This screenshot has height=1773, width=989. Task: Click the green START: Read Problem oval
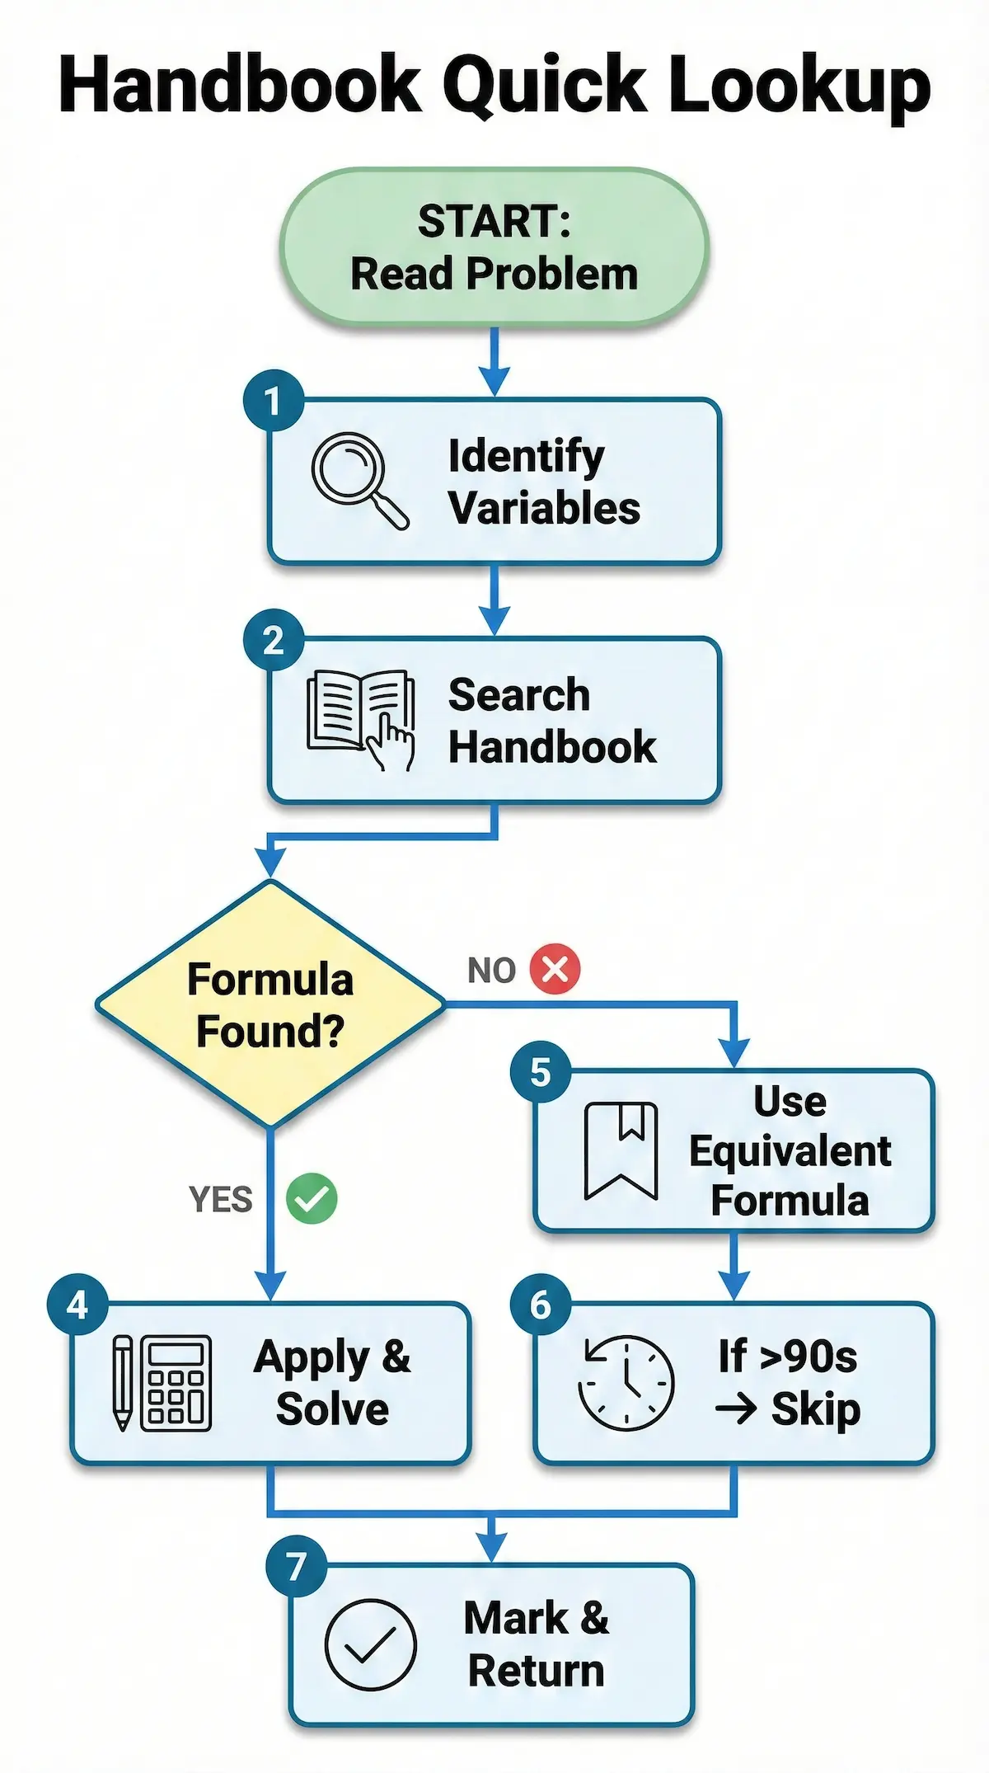(494, 247)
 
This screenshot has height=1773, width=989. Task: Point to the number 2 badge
(274, 640)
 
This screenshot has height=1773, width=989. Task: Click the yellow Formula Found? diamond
(270, 1004)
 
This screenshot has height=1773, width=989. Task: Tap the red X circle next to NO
(555, 969)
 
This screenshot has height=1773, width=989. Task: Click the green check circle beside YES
(312, 1198)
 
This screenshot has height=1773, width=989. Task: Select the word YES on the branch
(220, 1200)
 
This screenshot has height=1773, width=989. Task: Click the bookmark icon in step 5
(621, 1150)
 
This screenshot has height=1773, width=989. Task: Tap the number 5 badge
(540, 1072)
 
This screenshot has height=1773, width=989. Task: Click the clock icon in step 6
(626, 1383)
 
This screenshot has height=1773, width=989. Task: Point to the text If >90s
(787, 1357)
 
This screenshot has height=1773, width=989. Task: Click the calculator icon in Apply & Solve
(176, 1383)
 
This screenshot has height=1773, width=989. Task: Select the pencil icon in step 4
(122, 1383)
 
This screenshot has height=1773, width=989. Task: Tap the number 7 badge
(297, 1566)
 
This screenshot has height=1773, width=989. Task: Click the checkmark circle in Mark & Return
(370, 1645)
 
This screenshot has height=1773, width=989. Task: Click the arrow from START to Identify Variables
(494, 361)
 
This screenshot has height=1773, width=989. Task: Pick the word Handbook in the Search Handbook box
(552, 747)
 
